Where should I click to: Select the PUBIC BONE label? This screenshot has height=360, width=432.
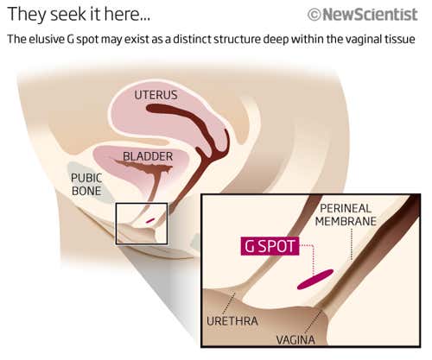coord(87,183)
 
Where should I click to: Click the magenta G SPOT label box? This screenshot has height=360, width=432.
coord(270,246)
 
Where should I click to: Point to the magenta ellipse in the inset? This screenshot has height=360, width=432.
coord(314,280)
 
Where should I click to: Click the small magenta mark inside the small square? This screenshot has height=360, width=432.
coord(150,220)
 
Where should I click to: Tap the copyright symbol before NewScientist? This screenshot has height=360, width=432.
coord(314,15)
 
